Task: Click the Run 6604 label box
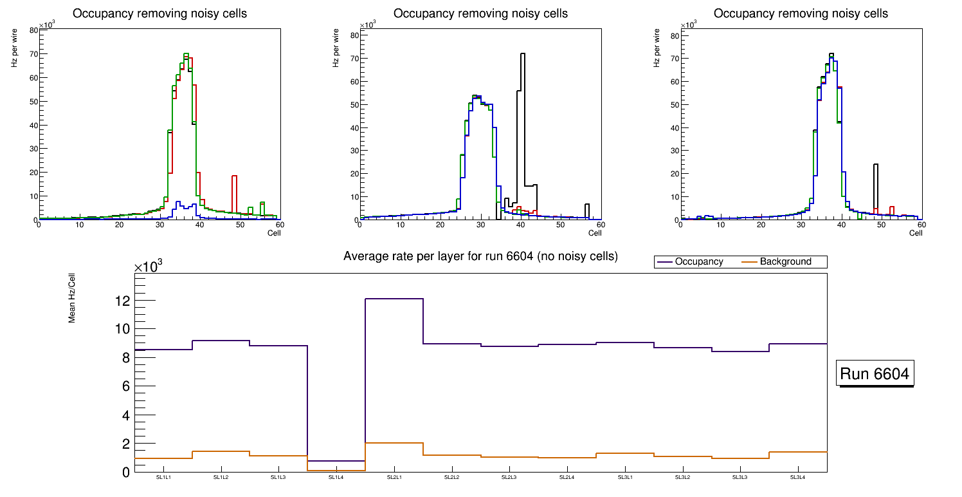875,373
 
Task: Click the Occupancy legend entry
698,262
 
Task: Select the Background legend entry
785,262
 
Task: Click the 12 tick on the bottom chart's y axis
122,301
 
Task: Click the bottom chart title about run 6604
480,256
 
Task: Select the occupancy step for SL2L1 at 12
394,299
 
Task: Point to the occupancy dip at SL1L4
336,461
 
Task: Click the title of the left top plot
159,14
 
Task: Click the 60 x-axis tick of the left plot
280,225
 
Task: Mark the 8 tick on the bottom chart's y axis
125,358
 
